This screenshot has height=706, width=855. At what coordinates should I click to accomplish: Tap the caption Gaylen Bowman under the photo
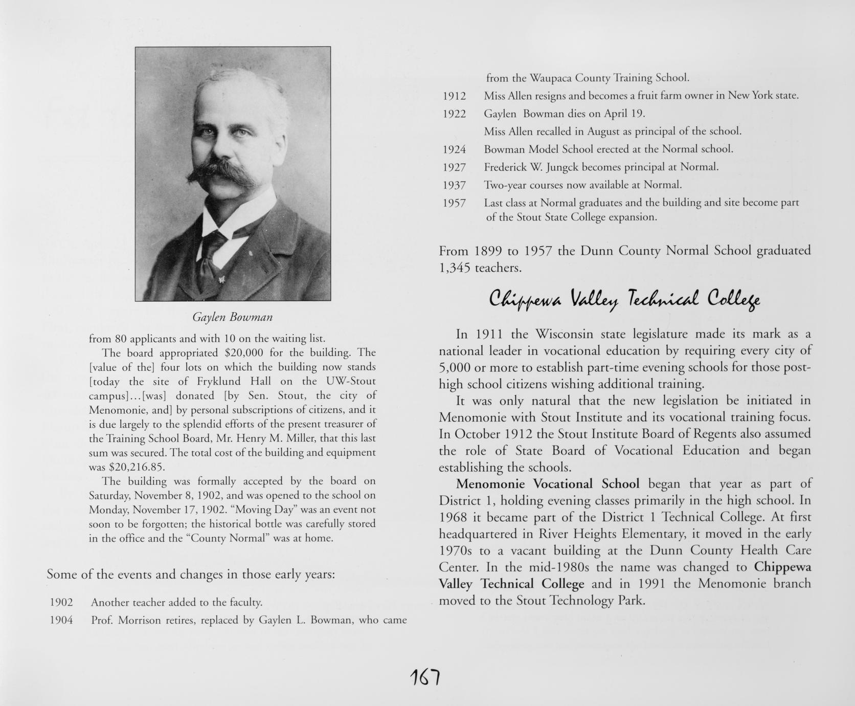point(232,317)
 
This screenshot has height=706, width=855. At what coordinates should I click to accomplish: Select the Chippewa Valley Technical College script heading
point(624,298)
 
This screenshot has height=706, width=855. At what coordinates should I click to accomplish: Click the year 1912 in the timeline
point(454,96)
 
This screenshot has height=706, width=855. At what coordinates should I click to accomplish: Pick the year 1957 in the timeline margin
point(454,203)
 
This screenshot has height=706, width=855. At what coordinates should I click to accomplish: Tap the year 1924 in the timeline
point(454,149)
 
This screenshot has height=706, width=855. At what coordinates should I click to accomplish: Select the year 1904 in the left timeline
point(61,621)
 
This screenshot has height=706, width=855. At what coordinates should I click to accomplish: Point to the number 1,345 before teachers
point(455,268)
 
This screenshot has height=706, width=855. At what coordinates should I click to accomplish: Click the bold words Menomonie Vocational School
point(547,484)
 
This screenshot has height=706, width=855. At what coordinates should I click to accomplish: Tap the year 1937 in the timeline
point(454,185)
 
